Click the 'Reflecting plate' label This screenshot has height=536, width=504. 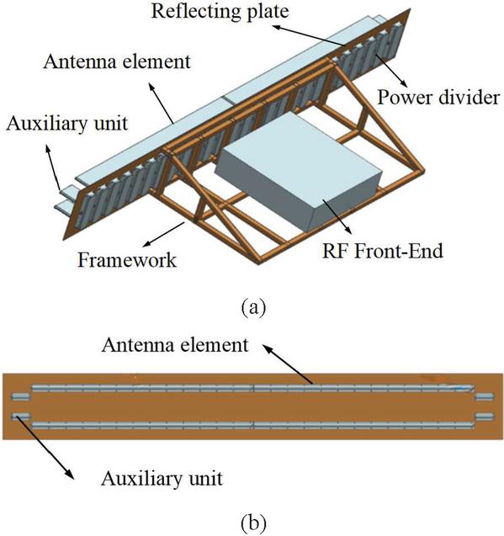point(220,12)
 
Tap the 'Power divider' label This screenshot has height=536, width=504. point(438,98)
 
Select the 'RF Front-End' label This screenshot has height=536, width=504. point(383,251)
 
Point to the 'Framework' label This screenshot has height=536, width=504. point(127,260)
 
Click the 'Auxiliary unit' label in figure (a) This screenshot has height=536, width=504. point(67,123)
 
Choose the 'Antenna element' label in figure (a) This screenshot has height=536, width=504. point(117,62)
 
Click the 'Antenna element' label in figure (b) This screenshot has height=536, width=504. point(175,345)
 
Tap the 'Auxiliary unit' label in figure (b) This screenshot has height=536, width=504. point(162,478)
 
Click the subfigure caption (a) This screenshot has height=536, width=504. point(253,306)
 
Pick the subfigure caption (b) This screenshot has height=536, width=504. point(253,522)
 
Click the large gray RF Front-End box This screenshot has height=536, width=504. point(299,171)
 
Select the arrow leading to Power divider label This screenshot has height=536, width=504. point(390,70)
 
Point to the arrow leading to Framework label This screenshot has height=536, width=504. point(164,234)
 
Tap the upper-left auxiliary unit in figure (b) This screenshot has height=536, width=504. point(21,396)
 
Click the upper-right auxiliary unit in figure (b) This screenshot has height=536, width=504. point(485,396)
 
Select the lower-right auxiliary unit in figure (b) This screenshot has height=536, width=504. point(485,417)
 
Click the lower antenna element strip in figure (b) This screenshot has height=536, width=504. point(252,426)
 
